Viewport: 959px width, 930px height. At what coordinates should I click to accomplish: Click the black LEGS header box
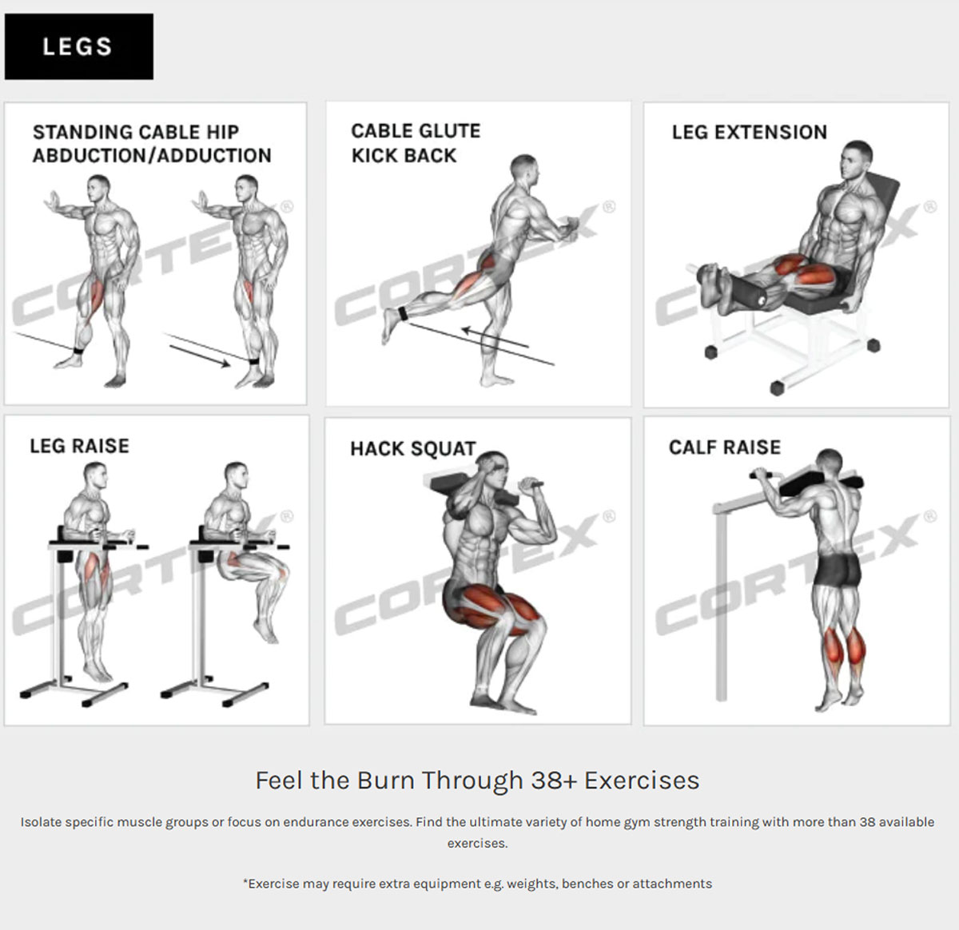[x=79, y=46]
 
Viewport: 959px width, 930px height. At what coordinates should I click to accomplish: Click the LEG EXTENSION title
[x=749, y=132]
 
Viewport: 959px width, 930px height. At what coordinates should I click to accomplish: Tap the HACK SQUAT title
[x=413, y=449]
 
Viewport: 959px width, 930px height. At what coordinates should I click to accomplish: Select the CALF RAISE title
[x=724, y=447]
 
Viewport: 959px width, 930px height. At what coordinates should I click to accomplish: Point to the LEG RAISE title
[x=79, y=446]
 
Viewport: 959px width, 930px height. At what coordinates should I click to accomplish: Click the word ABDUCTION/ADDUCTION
[x=152, y=156]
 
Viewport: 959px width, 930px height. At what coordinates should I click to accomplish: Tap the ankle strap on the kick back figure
[x=403, y=314]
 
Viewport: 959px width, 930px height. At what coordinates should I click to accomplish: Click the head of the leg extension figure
[x=856, y=159]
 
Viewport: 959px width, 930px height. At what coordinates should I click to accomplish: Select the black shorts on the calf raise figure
[x=838, y=570]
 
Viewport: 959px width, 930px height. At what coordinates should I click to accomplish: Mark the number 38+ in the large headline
[x=554, y=781]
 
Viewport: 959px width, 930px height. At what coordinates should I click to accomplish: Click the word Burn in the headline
[x=385, y=781]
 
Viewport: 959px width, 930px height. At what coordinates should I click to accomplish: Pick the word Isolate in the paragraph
[x=41, y=822]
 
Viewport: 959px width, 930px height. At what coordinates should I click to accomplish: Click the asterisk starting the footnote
[x=245, y=881]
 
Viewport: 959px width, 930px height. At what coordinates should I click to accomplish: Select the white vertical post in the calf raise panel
[x=722, y=604]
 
